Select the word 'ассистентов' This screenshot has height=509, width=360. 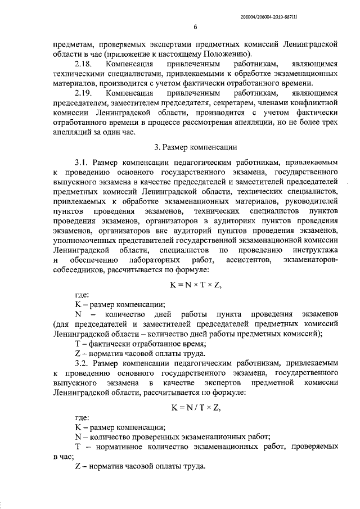(x=247, y=260)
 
